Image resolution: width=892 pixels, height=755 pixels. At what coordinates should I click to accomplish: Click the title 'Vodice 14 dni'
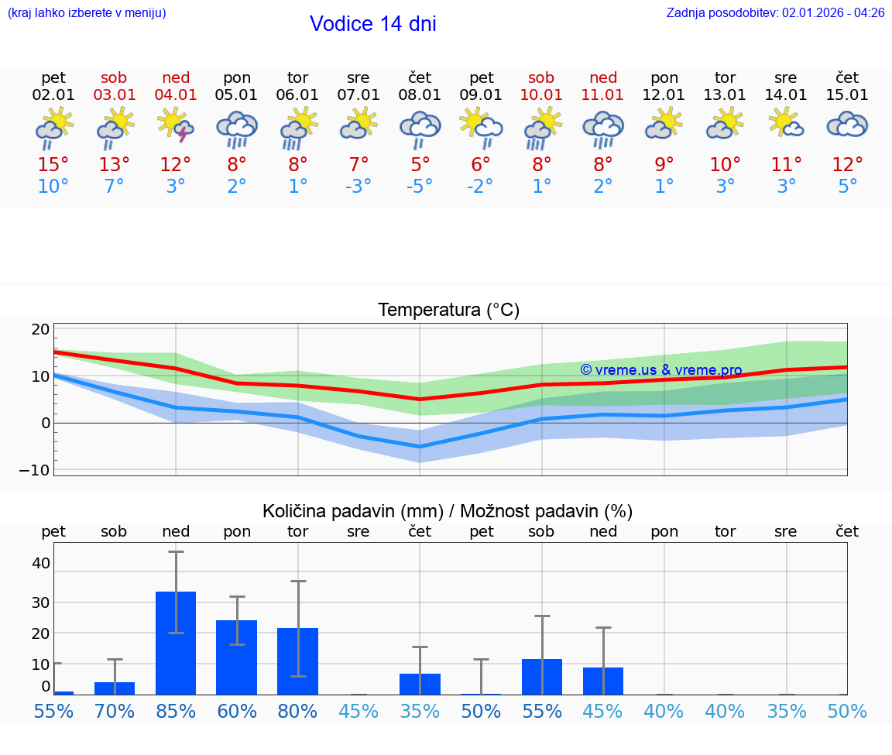click(x=372, y=24)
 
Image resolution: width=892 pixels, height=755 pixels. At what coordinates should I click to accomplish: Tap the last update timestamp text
click(x=775, y=12)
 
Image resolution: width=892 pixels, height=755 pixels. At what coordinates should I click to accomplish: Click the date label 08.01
click(x=420, y=95)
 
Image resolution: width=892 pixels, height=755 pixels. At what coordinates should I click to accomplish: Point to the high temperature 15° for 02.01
click(x=53, y=165)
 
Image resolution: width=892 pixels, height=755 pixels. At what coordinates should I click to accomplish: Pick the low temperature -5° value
click(x=420, y=187)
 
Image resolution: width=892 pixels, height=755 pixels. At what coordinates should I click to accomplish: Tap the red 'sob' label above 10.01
click(x=541, y=77)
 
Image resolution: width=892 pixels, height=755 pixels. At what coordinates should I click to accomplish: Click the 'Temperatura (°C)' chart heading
click(x=448, y=311)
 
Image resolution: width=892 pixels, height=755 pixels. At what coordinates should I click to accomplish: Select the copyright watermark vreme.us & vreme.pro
click(x=660, y=370)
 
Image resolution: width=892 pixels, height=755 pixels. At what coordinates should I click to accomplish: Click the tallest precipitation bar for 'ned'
click(x=176, y=643)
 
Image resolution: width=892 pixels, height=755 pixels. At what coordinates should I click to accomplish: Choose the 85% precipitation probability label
click(x=176, y=712)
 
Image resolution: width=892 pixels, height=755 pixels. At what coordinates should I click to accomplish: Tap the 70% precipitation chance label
click(x=115, y=712)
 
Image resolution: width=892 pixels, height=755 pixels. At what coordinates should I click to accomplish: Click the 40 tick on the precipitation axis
click(x=40, y=563)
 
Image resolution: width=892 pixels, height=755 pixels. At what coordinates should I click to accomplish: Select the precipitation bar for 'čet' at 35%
click(x=420, y=684)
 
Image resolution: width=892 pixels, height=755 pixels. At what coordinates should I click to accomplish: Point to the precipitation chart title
click(x=447, y=511)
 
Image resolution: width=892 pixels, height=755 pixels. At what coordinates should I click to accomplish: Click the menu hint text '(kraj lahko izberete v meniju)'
click(x=87, y=12)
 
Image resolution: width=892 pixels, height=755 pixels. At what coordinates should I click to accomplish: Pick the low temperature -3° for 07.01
click(x=359, y=187)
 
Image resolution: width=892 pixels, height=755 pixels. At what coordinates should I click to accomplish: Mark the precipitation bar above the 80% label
click(x=298, y=661)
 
